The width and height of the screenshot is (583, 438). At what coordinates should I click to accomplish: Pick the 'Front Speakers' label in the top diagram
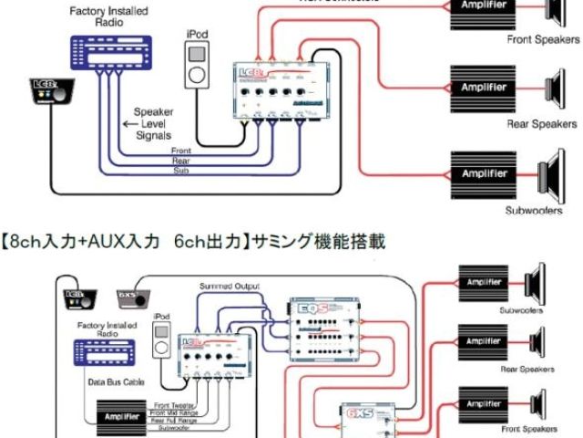(544, 40)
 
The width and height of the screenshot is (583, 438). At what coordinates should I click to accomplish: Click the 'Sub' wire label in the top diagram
(182, 170)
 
